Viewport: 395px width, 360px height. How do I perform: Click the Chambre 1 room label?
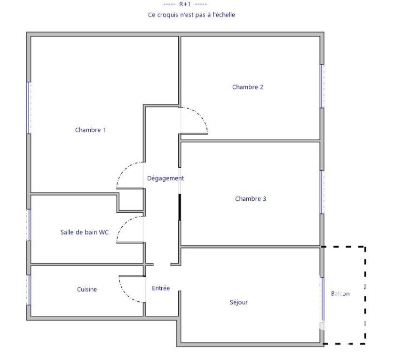click(90, 130)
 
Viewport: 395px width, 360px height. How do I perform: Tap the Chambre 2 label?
click(248, 87)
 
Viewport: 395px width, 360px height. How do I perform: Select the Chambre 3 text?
click(250, 199)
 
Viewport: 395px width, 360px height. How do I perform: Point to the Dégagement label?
click(165, 178)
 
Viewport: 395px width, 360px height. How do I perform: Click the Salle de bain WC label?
click(84, 232)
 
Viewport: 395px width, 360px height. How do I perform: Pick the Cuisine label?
click(87, 289)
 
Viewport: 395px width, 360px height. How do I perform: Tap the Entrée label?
click(161, 288)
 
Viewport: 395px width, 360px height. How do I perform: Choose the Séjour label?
click(238, 302)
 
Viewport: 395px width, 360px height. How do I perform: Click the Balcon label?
click(340, 294)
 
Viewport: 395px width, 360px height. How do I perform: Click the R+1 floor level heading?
click(185, 4)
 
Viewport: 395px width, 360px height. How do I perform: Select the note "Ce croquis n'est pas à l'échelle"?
click(191, 15)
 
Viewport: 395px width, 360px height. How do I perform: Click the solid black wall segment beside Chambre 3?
click(180, 207)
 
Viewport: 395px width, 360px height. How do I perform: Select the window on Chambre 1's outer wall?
click(29, 108)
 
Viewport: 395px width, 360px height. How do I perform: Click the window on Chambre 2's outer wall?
click(322, 86)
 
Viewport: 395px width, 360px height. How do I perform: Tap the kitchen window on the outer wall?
click(29, 290)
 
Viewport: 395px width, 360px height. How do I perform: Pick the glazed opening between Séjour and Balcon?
click(322, 299)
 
